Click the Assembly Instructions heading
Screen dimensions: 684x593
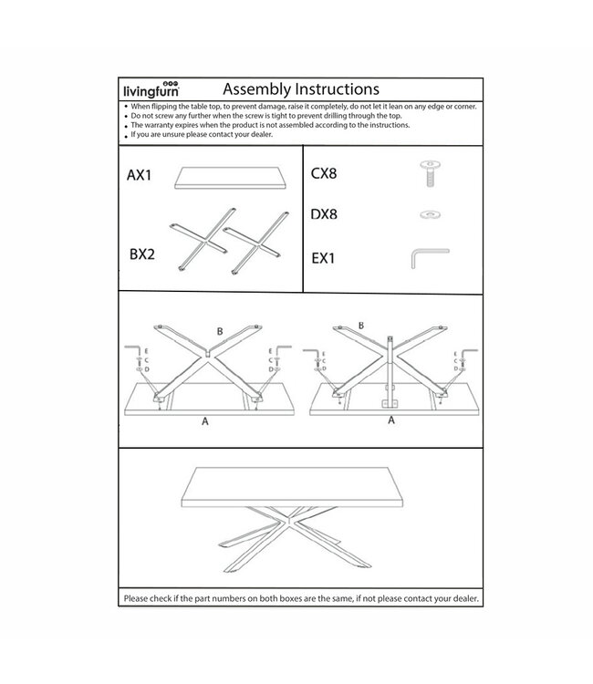coord(300,88)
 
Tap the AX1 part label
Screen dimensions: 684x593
coord(140,174)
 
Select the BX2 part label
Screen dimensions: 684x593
coord(141,254)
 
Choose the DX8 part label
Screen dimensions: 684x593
coord(328,215)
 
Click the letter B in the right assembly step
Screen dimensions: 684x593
coord(361,325)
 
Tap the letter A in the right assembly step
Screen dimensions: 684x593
coord(391,421)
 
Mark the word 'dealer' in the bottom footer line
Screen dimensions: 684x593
coord(453,598)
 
